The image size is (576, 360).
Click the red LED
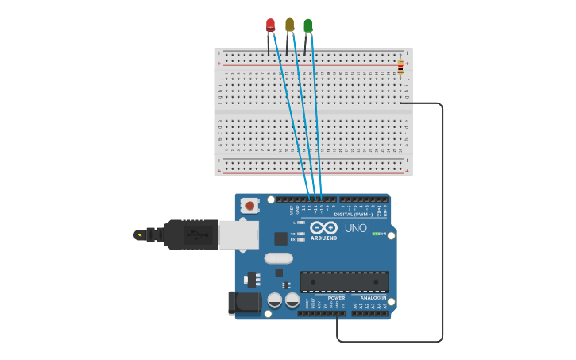click(270, 25)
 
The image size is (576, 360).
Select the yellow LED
click(289, 25)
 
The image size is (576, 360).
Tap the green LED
click(307, 26)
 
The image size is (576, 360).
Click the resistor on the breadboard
click(400, 66)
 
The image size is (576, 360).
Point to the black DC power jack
click(244, 302)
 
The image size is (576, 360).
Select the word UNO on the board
click(355, 228)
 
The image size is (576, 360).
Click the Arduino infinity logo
click(323, 228)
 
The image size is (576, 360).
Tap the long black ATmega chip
click(344, 281)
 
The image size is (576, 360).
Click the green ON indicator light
click(376, 234)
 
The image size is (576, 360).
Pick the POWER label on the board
click(337, 298)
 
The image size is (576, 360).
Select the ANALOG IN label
click(369, 298)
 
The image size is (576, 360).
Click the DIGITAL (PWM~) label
click(352, 215)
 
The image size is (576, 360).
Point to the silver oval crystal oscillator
click(278, 257)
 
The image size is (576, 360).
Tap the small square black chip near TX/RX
click(280, 238)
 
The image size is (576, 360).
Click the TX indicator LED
click(301, 234)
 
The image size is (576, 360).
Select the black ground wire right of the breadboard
click(442, 223)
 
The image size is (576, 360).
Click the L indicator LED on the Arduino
click(301, 223)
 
